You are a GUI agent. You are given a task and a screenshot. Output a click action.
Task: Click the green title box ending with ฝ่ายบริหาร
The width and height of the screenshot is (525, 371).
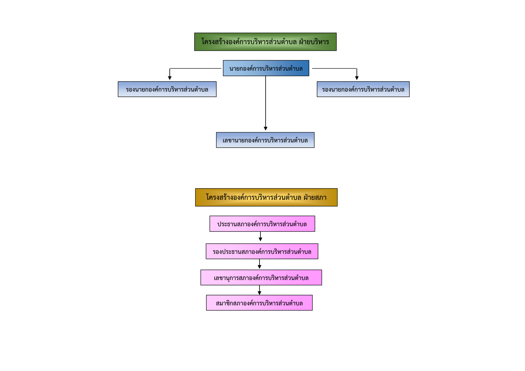pos(265,42)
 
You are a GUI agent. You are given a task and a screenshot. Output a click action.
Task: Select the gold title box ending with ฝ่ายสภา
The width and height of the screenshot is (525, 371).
pos(266,197)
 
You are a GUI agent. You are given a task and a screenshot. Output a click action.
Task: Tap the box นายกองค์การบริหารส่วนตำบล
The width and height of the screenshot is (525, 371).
pos(266,68)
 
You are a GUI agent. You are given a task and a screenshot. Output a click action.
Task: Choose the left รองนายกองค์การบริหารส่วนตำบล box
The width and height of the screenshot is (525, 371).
pos(167,89)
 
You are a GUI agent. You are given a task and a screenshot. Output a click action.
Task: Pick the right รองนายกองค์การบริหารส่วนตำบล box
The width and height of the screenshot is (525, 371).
pos(363,89)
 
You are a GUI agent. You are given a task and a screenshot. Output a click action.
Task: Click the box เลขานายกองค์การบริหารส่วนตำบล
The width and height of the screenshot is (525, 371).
pos(265,140)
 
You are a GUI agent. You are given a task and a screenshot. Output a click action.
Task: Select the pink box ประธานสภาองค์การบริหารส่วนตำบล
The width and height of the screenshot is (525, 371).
pos(262,224)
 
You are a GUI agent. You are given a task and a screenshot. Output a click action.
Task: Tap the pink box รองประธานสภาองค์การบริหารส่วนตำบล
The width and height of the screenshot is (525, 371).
pos(262,251)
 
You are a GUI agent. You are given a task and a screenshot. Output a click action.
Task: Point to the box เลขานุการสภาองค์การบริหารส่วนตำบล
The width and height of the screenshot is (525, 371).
pos(261,277)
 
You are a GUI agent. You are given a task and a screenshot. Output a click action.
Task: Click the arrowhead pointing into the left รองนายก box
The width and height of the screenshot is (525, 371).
pos(170,78)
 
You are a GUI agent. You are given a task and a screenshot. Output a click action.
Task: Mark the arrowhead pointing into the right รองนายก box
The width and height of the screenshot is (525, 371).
pos(357,78)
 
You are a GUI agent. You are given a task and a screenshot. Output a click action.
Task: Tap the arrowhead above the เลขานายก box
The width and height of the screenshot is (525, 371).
pos(265,128)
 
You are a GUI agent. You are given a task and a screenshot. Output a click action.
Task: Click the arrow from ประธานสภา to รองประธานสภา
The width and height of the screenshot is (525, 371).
pos(260,236)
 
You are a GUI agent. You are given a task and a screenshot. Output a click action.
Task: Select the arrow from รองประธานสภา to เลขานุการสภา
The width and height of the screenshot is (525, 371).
pos(260,264)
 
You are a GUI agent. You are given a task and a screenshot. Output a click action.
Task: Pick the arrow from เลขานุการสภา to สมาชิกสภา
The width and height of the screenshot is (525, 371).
pos(260,290)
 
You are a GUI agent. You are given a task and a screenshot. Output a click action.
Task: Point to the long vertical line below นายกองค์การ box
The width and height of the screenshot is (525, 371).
pos(265,103)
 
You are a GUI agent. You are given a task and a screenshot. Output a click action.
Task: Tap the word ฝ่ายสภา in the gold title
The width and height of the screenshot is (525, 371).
pos(315,197)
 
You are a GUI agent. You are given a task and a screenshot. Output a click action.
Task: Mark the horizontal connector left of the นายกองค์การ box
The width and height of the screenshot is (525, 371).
pos(196,68)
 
